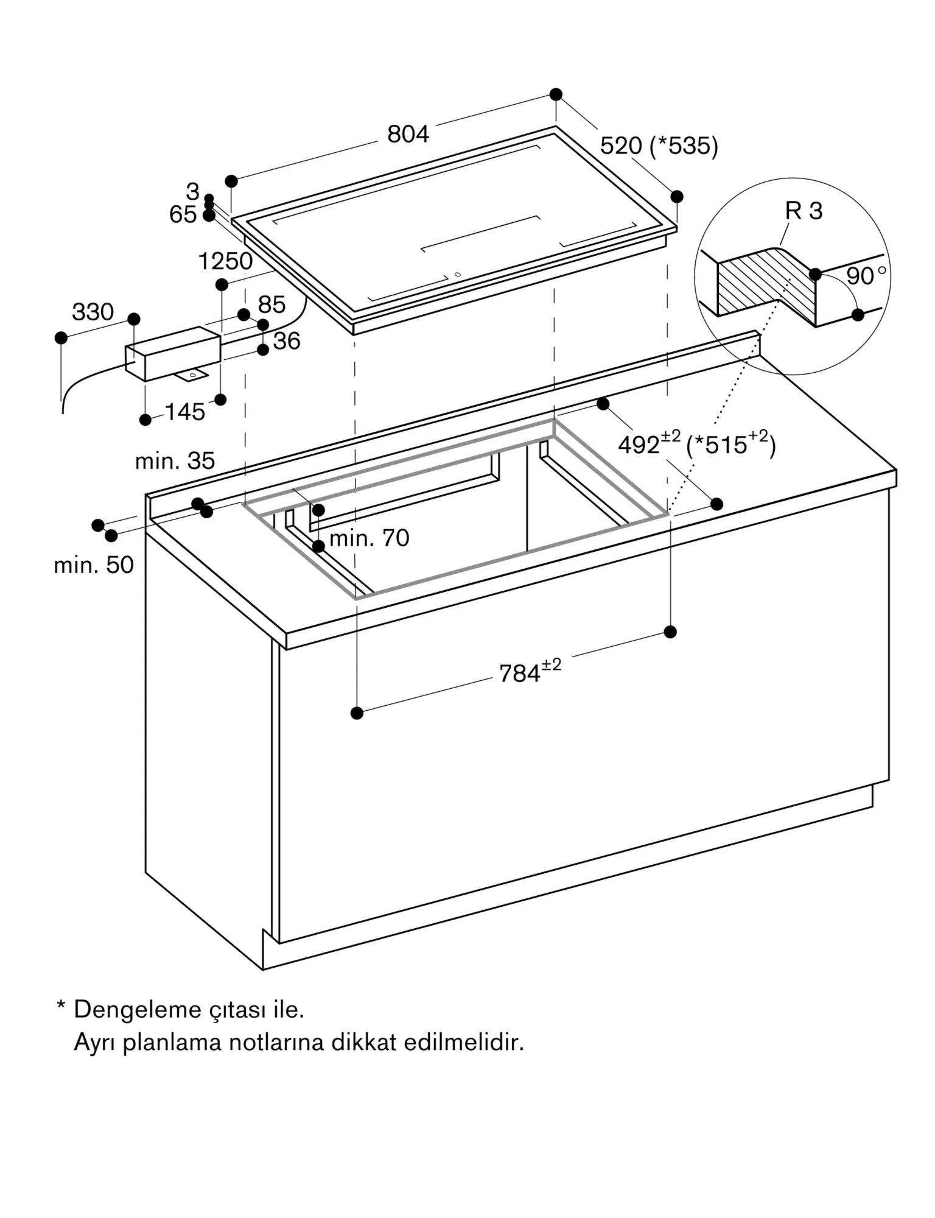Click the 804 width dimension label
(408, 134)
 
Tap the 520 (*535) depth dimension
(659, 146)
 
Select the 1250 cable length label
(225, 261)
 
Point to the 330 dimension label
(93, 312)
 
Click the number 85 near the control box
(271, 305)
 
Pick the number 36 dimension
(287, 341)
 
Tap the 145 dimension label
(185, 412)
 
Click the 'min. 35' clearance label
(175, 461)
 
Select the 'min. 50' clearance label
(94, 565)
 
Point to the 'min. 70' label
(369, 538)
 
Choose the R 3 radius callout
(804, 211)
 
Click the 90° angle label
(866, 276)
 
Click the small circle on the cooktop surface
(457, 275)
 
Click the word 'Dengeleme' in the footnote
(138, 1010)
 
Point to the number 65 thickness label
(183, 215)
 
